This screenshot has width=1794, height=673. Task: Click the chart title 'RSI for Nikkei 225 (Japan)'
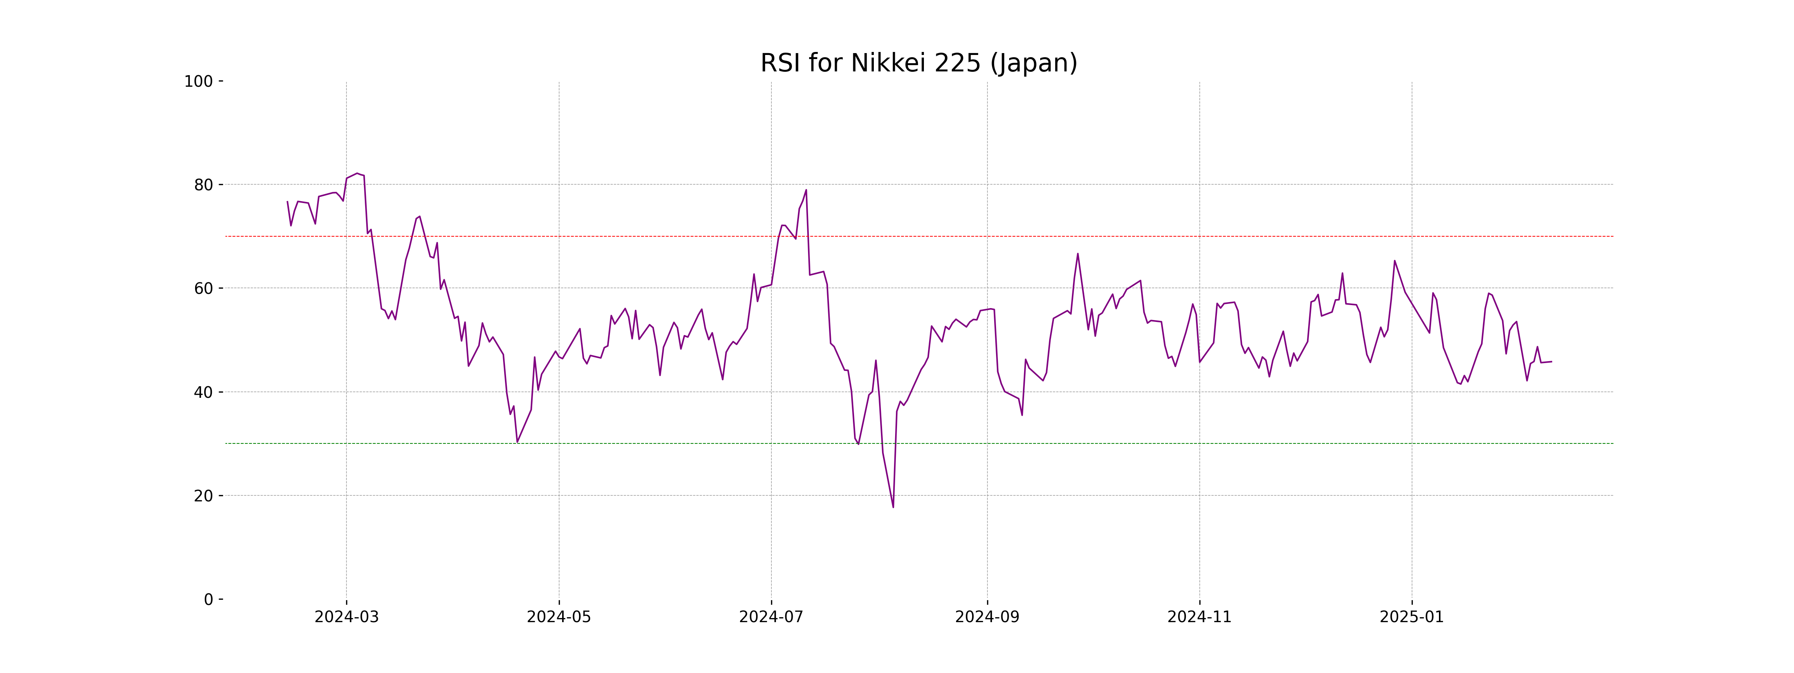click(919, 64)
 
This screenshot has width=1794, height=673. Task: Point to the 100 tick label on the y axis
click(198, 82)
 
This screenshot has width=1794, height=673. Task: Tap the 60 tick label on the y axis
click(203, 288)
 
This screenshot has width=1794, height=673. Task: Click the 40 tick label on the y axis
click(203, 392)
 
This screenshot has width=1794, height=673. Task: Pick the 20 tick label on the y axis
click(203, 496)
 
